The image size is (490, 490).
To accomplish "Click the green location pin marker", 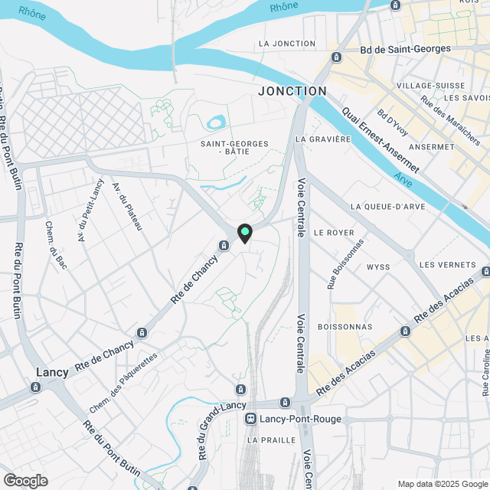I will (x=245, y=233).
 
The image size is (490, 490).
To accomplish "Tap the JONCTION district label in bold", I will (x=292, y=90).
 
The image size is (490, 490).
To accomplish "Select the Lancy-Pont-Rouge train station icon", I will (x=250, y=419).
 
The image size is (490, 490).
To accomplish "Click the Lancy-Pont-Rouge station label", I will (x=299, y=420).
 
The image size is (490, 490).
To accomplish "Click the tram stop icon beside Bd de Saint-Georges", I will (x=336, y=57).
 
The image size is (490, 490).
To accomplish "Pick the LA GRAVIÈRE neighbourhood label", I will (x=322, y=139).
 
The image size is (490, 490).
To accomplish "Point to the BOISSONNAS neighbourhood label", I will (x=344, y=326).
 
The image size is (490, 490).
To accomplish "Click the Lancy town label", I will (x=52, y=372).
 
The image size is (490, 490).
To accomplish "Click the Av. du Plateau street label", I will (x=127, y=207).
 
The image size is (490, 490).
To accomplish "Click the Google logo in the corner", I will (x=25, y=480).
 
